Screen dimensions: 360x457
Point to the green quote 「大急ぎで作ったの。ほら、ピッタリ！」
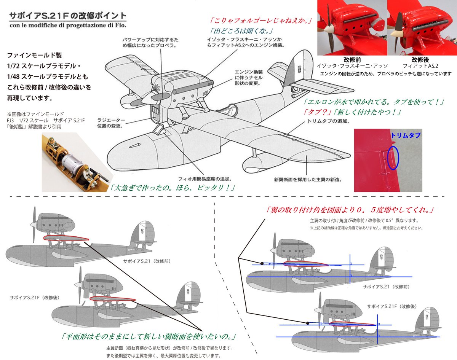pyautogui.click(x=171, y=188)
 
